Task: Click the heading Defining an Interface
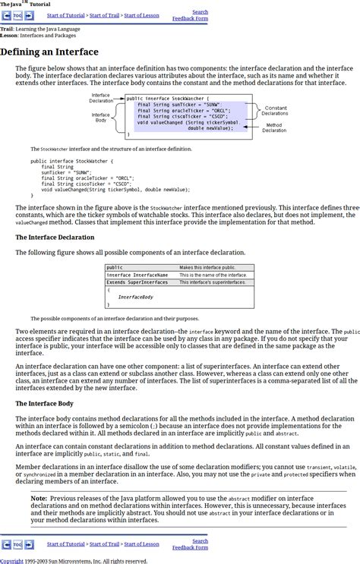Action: click(x=49, y=52)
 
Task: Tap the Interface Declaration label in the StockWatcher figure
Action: click(x=101, y=98)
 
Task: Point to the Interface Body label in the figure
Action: click(x=101, y=118)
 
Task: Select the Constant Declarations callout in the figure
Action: click(x=275, y=111)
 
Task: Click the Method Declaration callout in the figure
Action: click(x=274, y=128)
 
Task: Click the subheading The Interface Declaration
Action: click(x=55, y=237)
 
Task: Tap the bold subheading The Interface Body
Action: click(x=44, y=403)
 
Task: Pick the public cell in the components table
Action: click(x=115, y=267)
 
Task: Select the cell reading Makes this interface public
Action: click(x=207, y=267)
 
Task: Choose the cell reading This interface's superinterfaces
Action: click(x=213, y=282)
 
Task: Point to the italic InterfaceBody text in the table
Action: click(x=135, y=297)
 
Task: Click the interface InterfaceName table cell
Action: click(x=137, y=275)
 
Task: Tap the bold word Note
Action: click(x=39, y=499)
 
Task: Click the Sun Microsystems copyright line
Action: click(x=74, y=561)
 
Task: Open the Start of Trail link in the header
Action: click(x=104, y=15)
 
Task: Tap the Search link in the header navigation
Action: click(x=200, y=11)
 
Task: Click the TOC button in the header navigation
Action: click(x=17, y=15)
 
